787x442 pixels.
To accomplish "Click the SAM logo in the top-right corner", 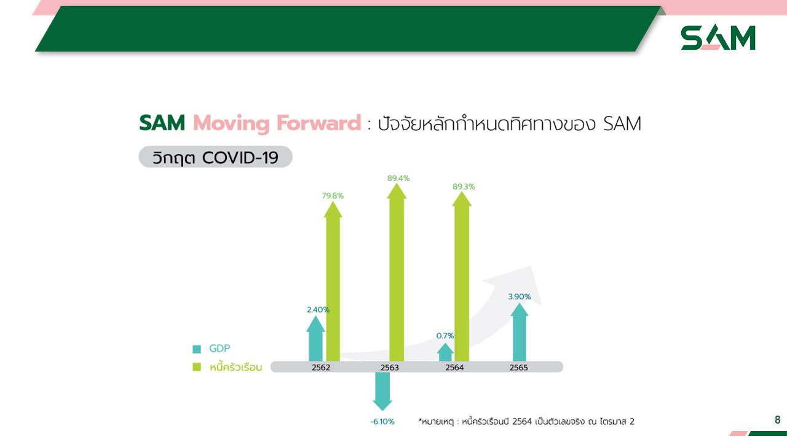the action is coord(718,37).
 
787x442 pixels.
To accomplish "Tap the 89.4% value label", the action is coord(398,178).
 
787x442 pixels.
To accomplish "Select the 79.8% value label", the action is coord(333,196).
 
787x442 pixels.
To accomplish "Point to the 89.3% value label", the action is coord(464,187).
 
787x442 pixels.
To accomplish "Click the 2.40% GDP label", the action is coord(318,310).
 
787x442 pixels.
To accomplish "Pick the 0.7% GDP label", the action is coord(445,336).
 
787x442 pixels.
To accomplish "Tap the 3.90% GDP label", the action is coord(520,297).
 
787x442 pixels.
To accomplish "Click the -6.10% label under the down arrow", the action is coord(382,422).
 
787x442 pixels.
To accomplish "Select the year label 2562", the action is coord(321,368).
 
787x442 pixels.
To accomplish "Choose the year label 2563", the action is coord(390,368).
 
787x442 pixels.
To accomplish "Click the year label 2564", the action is coord(454,368).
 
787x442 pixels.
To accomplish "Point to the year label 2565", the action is coord(518,368).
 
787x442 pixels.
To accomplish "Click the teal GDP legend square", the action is coord(197,349).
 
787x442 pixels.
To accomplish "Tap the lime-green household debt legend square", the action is coord(197,367).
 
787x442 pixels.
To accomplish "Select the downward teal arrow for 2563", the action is coord(382,391).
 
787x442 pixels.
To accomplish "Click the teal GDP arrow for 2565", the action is coord(520,332).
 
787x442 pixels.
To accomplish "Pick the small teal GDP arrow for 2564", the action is coord(445,352).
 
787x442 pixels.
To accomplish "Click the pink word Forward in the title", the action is coord(318,123).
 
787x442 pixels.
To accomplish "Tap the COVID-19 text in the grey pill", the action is coord(240,158).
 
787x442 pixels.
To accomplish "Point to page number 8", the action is coord(778,419).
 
